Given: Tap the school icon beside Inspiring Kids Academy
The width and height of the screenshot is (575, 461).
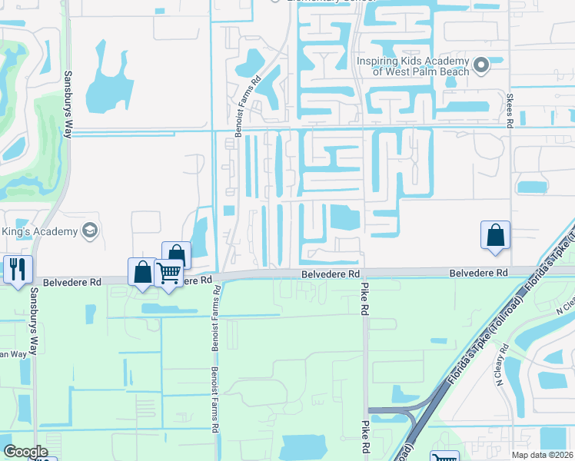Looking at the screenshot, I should click(x=482, y=65).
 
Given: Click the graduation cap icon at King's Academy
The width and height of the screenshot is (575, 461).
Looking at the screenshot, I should click(x=90, y=231).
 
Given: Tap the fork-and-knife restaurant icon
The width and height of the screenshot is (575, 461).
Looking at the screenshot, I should click(x=15, y=268).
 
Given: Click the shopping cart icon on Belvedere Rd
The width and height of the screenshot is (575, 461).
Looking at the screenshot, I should click(x=169, y=271).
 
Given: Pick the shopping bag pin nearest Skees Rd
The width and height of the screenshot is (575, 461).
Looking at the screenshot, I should click(x=496, y=234).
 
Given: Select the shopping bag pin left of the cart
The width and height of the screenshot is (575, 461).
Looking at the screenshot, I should click(x=142, y=271).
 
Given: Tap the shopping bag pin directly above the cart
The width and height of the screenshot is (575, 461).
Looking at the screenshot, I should click(x=176, y=254).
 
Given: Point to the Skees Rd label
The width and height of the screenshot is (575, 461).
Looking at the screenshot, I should click(x=510, y=109).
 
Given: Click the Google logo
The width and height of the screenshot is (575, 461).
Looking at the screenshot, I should click(x=25, y=452).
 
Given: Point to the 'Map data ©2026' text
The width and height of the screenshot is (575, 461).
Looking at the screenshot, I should click(x=541, y=454).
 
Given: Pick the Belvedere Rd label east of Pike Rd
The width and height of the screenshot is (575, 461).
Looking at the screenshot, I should click(x=478, y=273).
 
